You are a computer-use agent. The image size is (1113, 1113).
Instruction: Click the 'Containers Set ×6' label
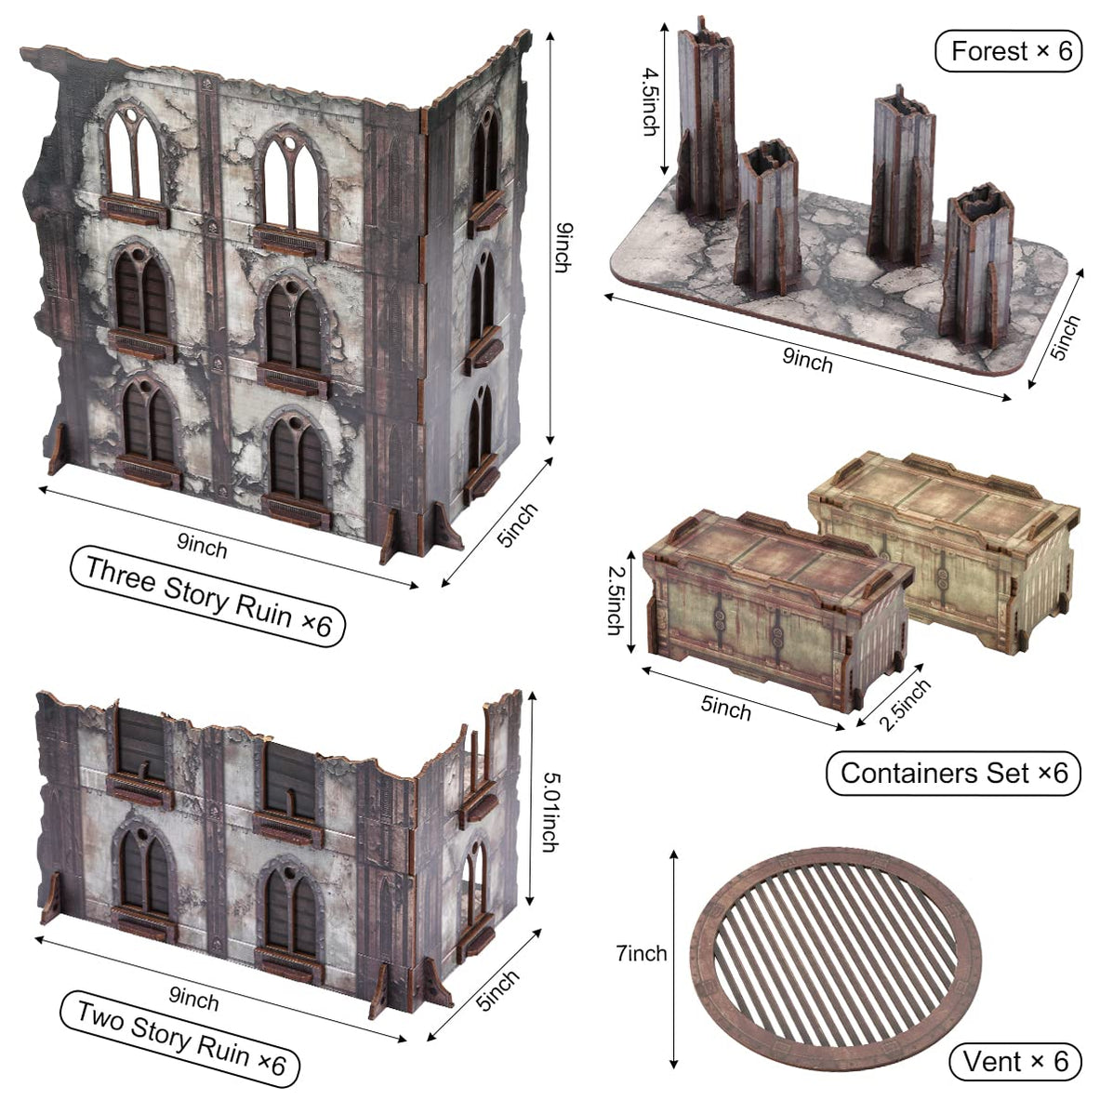[953, 773]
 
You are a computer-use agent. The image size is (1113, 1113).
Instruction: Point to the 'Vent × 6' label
[1015, 1061]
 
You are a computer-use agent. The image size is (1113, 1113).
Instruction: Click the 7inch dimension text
[641, 954]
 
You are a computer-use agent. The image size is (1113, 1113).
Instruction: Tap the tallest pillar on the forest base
[706, 116]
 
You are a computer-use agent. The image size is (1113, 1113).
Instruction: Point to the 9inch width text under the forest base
[807, 360]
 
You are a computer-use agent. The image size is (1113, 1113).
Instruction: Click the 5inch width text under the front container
[725, 708]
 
